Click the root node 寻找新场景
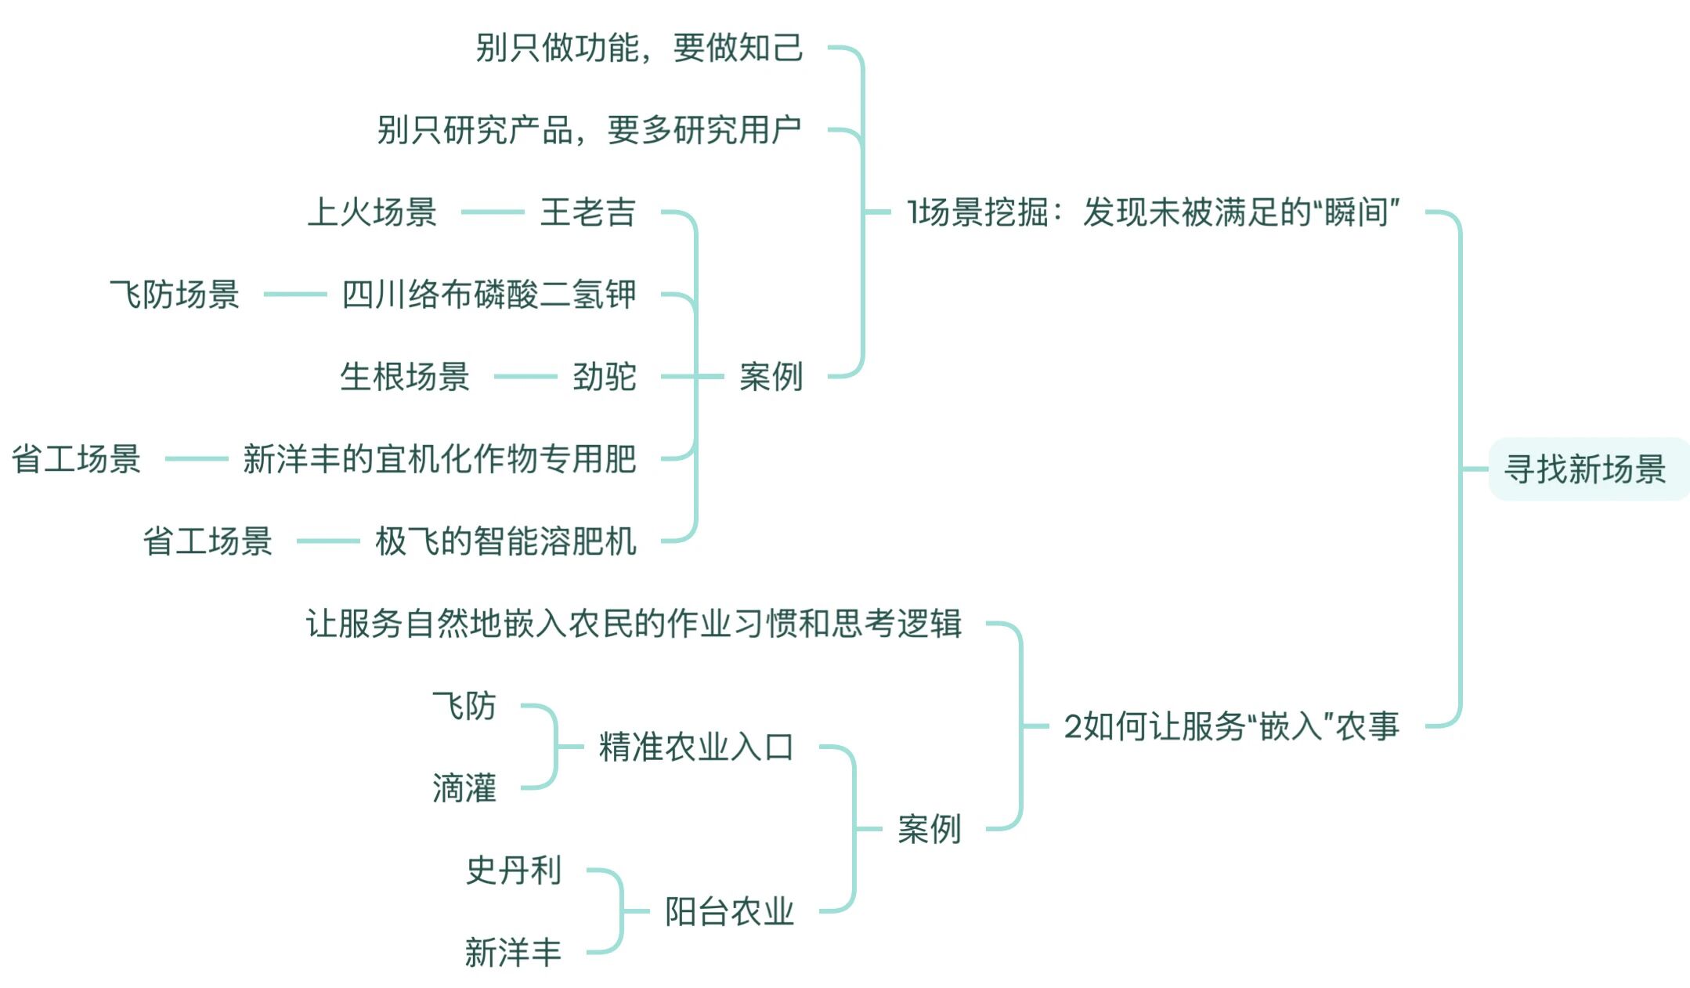(1585, 469)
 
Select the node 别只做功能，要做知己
(639, 48)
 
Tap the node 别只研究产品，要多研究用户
(589, 130)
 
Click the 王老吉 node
(587, 212)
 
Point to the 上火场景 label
(372, 212)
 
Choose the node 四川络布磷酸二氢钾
(489, 295)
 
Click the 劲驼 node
(604, 377)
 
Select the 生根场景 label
(405, 377)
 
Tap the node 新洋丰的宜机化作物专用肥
(439, 459)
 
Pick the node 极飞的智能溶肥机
(505, 541)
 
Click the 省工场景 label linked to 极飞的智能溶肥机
(208, 541)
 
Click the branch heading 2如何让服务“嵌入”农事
(1231, 726)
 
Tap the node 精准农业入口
(696, 747)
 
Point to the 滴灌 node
(464, 788)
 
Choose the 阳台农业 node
(729, 911)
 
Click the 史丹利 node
(514, 870)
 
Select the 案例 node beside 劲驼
(771, 377)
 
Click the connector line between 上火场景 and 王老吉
(492, 212)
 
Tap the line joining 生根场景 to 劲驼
(525, 377)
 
